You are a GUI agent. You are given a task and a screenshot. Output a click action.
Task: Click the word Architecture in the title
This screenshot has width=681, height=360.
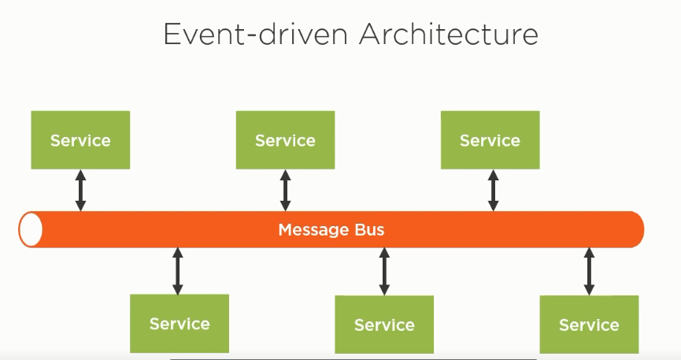pyautogui.click(x=449, y=34)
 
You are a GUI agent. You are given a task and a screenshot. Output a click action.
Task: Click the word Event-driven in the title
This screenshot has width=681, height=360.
pyautogui.click(x=256, y=34)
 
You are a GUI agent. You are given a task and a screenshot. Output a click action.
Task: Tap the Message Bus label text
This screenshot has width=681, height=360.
pyautogui.click(x=331, y=229)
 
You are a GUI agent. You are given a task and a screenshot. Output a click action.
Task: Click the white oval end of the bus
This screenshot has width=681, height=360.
pyautogui.click(x=31, y=229)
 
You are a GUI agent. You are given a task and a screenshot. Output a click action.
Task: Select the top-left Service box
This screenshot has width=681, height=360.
pyautogui.click(x=80, y=140)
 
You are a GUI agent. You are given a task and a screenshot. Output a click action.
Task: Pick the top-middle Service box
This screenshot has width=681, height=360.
pyautogui.click(x=285, y=140)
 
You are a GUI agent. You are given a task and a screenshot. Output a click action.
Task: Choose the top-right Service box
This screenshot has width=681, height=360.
pyautogui.click(x=490, y=140)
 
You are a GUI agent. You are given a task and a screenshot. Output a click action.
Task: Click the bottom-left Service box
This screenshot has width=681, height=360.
pyautogui.click(x=180, y=324)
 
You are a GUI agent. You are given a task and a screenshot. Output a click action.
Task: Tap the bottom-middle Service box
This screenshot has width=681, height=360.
pyautogui.click(x=384, y=325)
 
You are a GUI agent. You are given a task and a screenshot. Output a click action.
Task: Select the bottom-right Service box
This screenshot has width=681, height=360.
pyautogui.click(x=590, y=325)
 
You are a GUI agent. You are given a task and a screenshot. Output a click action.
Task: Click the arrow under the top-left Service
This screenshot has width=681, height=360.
pyautogui.click(x=80, y=191)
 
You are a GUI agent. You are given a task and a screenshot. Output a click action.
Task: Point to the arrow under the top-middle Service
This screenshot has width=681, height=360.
pyautogui.click(x=285, y=191)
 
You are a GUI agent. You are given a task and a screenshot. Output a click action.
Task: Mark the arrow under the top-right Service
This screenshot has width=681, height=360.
pyautogui.click(x=493, y=191)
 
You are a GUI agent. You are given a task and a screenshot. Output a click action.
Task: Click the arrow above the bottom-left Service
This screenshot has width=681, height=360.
pyautogui.click(x=178, y=271)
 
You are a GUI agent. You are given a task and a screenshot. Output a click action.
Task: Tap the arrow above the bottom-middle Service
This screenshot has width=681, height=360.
pyautogui.click(x=384, y=271)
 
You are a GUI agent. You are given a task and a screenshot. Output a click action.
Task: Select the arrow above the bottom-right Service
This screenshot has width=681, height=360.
pyautogui.click(x=589, y=271)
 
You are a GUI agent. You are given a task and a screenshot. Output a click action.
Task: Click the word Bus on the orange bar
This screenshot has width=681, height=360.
pyautogui.click(x=369, y=229)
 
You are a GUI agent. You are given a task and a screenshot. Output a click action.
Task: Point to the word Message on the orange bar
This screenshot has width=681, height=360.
pyautogui.click(x=314, y=230)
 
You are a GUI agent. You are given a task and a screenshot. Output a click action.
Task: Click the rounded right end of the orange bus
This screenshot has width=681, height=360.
pyautogui.click(x=638, y=229)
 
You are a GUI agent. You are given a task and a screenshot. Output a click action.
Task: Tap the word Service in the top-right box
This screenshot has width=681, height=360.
pyautogui.click(x=490, y=140)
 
